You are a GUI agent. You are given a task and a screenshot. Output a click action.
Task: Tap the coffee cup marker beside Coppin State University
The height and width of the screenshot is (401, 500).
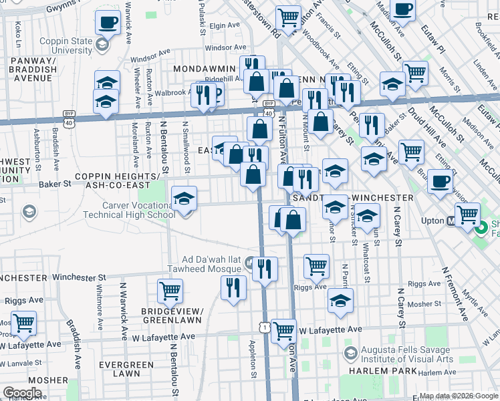(x=107, y=24)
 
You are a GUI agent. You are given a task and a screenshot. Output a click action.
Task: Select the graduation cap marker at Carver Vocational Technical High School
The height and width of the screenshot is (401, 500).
(x=184, y=199)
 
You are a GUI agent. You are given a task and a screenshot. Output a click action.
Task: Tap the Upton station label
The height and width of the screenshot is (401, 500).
(x=434, y=220)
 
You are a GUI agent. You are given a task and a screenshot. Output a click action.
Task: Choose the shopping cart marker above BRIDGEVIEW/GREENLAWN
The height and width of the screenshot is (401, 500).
(x=170, y=292)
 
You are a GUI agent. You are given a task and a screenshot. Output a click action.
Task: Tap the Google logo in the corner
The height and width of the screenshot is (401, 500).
(x=22, y=392)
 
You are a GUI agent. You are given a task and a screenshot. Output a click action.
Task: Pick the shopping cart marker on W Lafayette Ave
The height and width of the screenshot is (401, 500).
(x=285, y=330)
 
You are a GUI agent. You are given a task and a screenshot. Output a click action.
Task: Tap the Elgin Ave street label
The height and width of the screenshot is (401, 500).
(x=225, y=25)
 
